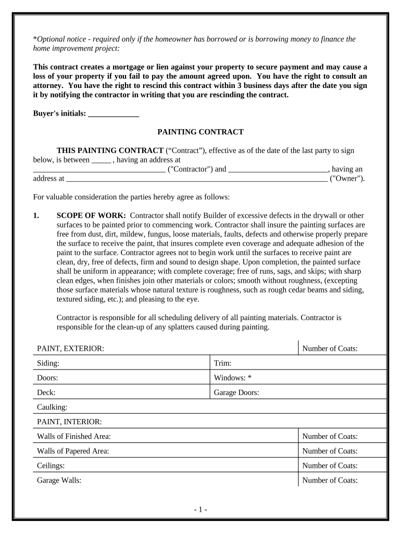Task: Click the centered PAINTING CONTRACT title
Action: coord(200,132)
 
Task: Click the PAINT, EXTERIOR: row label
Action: coord(70,349)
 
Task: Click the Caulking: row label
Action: coord(52,407)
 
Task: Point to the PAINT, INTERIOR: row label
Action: coord(69,422)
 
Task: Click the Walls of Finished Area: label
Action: coord(73,436)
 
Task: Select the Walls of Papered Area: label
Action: coord(73,451)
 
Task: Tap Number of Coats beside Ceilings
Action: coord(330,466)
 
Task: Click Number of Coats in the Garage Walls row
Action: coord(330,480)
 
